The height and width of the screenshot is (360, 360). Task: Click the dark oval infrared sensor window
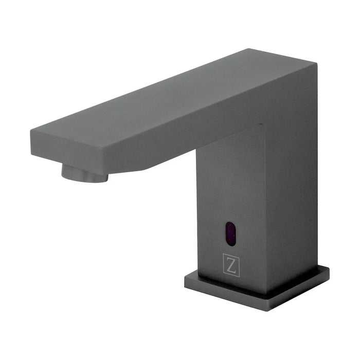(x=231, y=234)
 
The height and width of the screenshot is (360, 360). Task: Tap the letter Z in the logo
(x=231, y=265)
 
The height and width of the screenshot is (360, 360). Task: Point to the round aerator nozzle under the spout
(x=84, y=172)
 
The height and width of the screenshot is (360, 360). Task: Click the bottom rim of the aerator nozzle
(x=85, y=179)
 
